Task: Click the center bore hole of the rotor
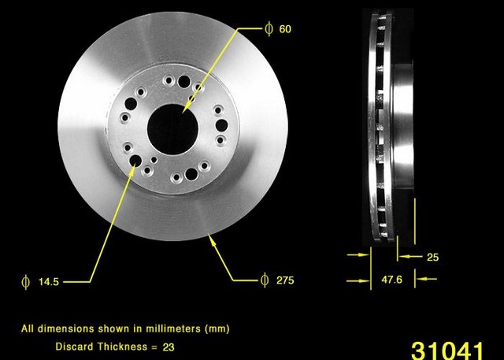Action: [x=172, y=129]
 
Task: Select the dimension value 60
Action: [x=285, y=29]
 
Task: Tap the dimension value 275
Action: [x=285, y=280]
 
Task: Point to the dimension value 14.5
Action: [x=49, y=282]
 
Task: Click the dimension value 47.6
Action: [x=391, y=280]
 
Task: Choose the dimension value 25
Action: [x=432, y=257]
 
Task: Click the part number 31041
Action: [x=447, y=351]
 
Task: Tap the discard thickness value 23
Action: [x=169, y=347]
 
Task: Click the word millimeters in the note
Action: [x=173, y=328]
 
